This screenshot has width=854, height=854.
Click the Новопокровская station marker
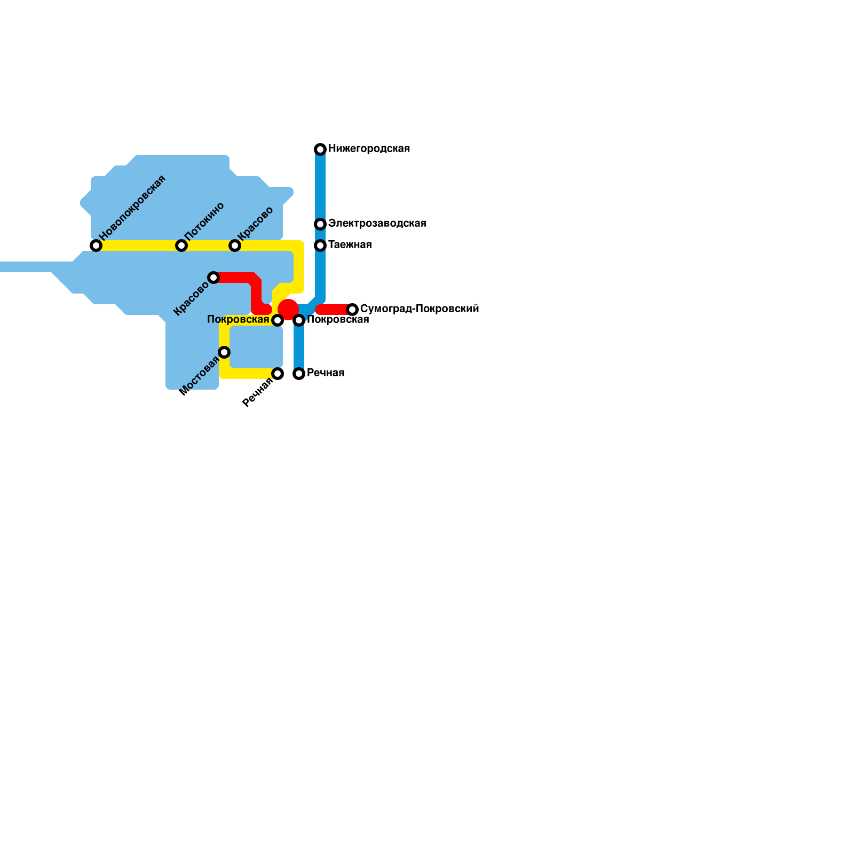[x=96, y=246]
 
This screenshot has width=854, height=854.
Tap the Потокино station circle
[x=181, y=246]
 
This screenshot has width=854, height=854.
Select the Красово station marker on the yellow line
[x=235, y=246]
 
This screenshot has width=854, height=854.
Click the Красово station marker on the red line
[x=213, y=278]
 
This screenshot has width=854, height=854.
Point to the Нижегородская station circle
[x=320, y=149]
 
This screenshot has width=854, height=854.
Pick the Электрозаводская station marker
[x=320, y=224]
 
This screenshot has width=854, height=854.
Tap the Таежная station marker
[x=320, y=246]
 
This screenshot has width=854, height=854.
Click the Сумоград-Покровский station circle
[x=352, y=310]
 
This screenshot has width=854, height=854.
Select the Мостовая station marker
[x=224, y=352]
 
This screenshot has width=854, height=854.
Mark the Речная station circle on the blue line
[x=299, y=374]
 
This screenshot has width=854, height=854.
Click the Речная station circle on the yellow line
[x=278, y=374]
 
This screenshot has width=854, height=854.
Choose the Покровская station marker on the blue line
[x=299, y=320]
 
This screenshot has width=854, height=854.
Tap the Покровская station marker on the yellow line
[x=278, y=320]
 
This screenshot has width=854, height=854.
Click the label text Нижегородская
[x=369, y=149]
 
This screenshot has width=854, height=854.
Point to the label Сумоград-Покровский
[x=420, y=309]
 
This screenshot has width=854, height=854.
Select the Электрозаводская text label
[x=377, y=224]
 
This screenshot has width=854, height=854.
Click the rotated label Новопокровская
[x=133, y=207]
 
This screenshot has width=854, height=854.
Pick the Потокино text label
[x=204, y=221]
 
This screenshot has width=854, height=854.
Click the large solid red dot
[x=288, y=309]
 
